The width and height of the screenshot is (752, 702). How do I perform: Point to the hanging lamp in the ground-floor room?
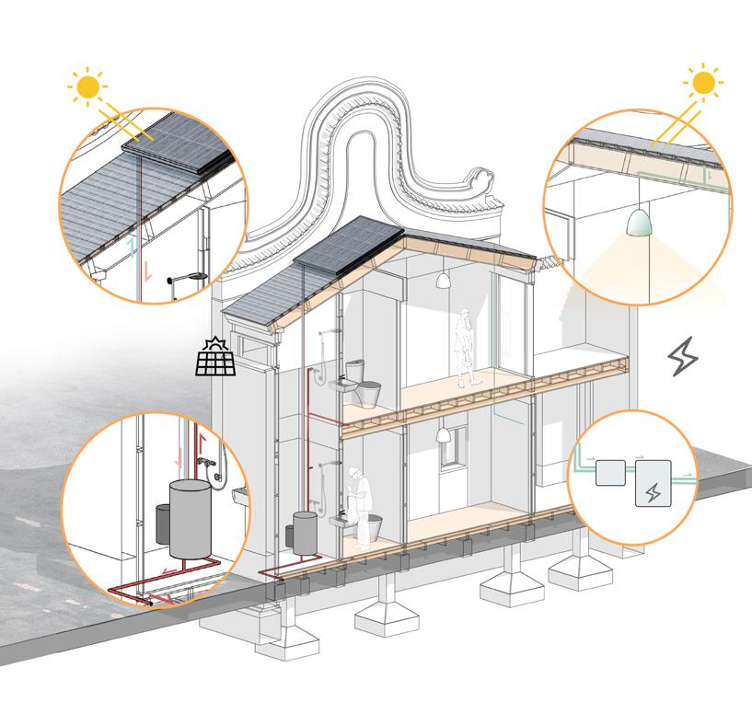442,434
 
